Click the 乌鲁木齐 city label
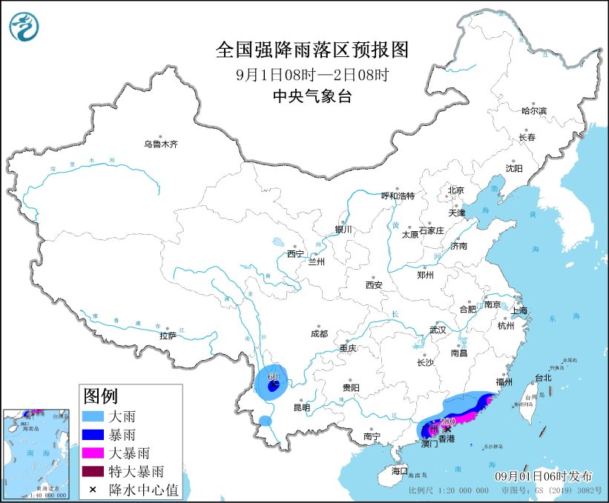pyautogui.click(x=161, y=144)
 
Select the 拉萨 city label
pyautogui.click(x=168, y=335)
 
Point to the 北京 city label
pyautogui.click(x=455, y=190)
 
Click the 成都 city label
pyautogui.click(x=320, y=334)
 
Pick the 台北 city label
pyautogui.click(x=543, y=377)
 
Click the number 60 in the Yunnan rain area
pyautogui.click(x=272, y=377)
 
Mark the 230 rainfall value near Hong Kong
pyautogui.click(x=447, y=422)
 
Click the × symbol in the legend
pyautogui.click(x=93, y=489)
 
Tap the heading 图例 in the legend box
pyautogui.click(x=100, y=396)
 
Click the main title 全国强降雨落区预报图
pyautogui.click(x=312, y=50)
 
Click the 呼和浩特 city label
pyautogui.click(x=398, y=196)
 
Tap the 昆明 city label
pyautogui.click(x=302, y=407)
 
